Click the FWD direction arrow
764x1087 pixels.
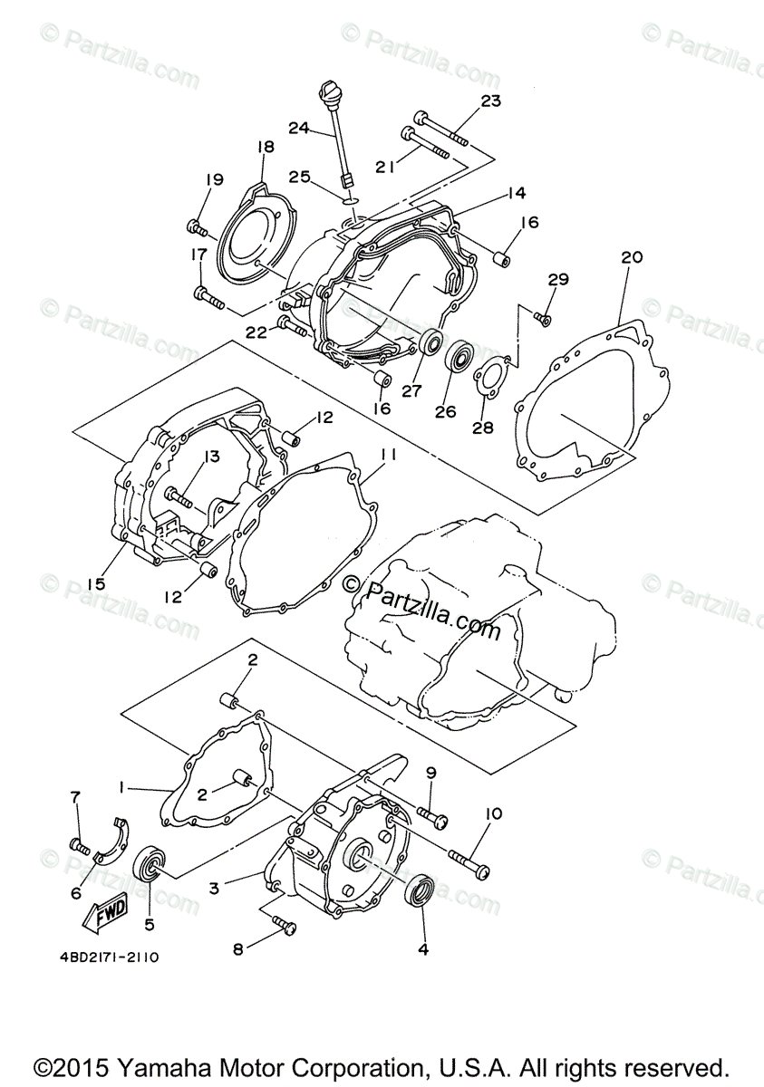pyautogui.click(x=105, y=910)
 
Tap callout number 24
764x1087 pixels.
pyautogui.click(x=300, y=128)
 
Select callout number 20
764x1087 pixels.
pyautogui.click(x=632, y=257)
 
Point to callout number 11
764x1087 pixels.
pyautogui.click(x=389, y=455)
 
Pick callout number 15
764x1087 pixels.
pyautogui.click(x=96, y=584)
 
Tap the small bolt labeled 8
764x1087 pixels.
pyautogui.click(x=284, y=925)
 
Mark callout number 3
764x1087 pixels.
pyautogui.click(x=214, y=889)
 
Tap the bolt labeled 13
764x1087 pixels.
pyautogui.click(x=178, y=495)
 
